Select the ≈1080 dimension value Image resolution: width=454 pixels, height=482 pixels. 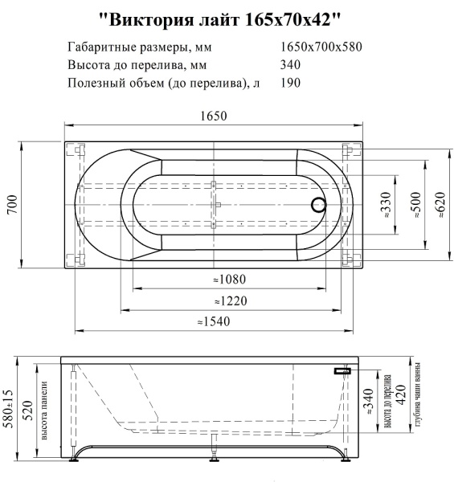[230, 280]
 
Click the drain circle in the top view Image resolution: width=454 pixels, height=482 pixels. [318, 204]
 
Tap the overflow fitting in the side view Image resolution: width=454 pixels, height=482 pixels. [344, 371]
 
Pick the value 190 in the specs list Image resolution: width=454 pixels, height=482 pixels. [291, 83]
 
